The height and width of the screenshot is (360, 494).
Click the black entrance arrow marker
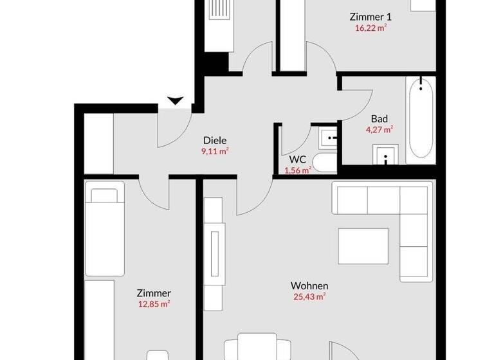[175, 100]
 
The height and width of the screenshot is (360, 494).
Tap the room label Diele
[215, 140]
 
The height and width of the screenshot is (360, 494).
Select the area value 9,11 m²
[215, 152]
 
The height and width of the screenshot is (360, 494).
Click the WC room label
[297, 159]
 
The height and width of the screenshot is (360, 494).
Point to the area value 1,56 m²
[298, 170]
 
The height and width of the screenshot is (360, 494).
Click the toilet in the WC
[323, 163]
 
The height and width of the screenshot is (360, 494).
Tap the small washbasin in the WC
[330, 136]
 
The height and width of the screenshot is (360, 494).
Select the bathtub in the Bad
[420, 118]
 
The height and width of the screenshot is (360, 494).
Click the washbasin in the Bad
[386, 155]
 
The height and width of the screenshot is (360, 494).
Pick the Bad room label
[380, 118]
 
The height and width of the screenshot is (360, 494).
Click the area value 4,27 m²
[380, 129]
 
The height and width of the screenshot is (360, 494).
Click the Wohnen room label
[309, 285]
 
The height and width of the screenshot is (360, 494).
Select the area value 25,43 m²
[309, 296]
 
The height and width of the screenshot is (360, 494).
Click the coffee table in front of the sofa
[363, 245]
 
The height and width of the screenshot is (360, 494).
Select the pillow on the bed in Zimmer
[106, 195]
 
